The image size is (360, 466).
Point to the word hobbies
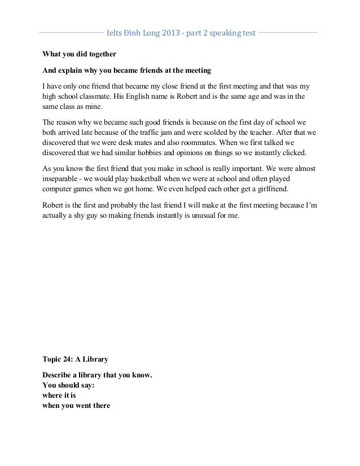point(160,153)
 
